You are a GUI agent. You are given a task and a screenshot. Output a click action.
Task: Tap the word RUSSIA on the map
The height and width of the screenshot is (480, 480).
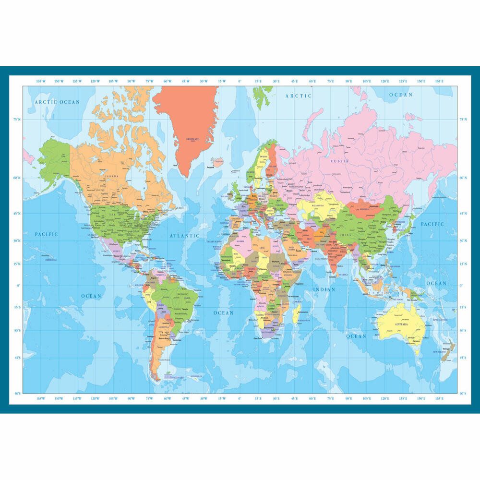pos(340,161)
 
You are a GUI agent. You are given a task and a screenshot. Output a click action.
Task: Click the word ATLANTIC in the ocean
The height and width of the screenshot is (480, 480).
pos(184,236)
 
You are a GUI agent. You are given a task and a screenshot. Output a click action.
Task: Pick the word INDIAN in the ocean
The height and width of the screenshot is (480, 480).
pos(324,290)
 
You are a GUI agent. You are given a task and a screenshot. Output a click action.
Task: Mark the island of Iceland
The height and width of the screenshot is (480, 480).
pos(218,162)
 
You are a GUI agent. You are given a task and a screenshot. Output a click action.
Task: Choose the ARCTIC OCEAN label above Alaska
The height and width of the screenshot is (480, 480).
pos(57,102)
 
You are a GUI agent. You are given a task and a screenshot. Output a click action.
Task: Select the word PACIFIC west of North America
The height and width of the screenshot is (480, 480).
pos(46,234)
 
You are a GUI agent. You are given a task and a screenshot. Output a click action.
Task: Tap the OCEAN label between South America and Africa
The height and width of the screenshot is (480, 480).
pos(223,313)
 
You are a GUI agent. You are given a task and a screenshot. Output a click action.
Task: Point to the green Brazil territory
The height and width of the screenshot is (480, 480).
pos(180,298)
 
